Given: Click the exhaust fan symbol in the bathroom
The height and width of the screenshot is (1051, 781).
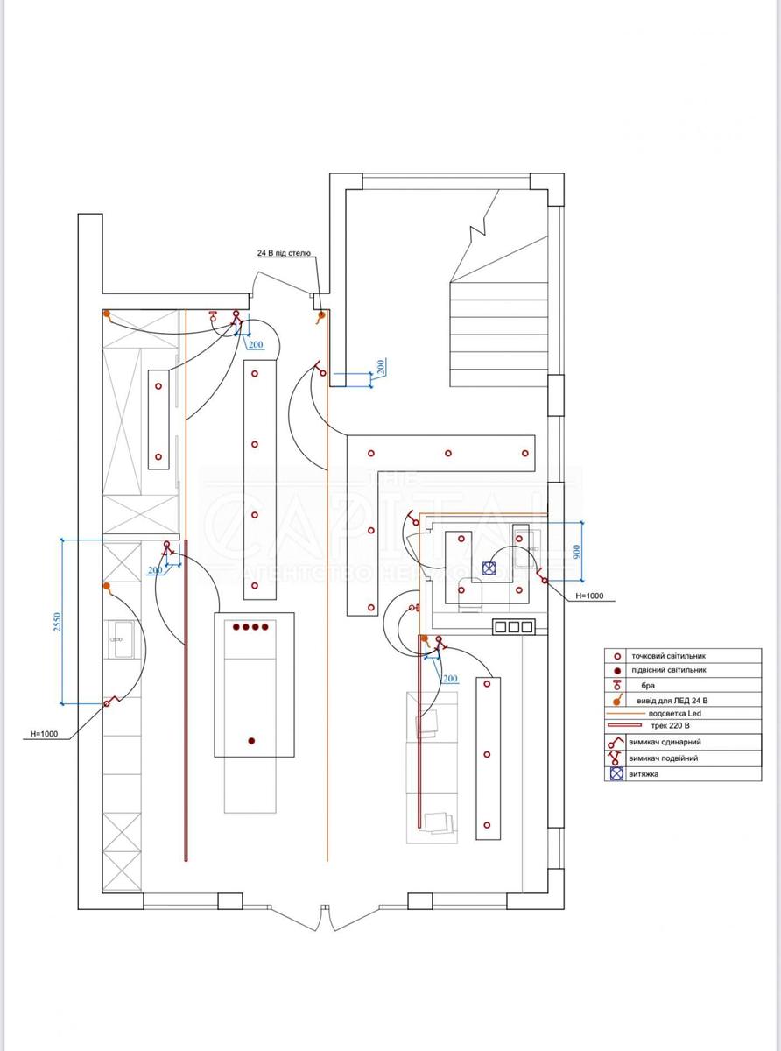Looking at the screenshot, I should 489,568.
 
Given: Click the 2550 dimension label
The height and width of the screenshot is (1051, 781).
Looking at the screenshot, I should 56,621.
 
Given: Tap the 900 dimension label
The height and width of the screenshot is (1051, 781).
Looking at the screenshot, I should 576,551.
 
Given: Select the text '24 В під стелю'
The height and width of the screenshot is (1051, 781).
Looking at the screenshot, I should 284,253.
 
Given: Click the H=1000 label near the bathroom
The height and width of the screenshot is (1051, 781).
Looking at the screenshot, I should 595,596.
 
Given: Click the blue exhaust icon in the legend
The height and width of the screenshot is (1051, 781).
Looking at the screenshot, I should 616,774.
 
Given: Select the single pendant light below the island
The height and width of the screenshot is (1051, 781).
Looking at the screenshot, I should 251,742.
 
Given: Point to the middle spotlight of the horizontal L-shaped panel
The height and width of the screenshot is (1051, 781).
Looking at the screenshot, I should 448,454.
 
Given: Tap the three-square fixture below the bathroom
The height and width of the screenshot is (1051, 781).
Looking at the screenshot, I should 513,626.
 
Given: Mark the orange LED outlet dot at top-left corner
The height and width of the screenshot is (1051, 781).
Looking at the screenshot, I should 107,314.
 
